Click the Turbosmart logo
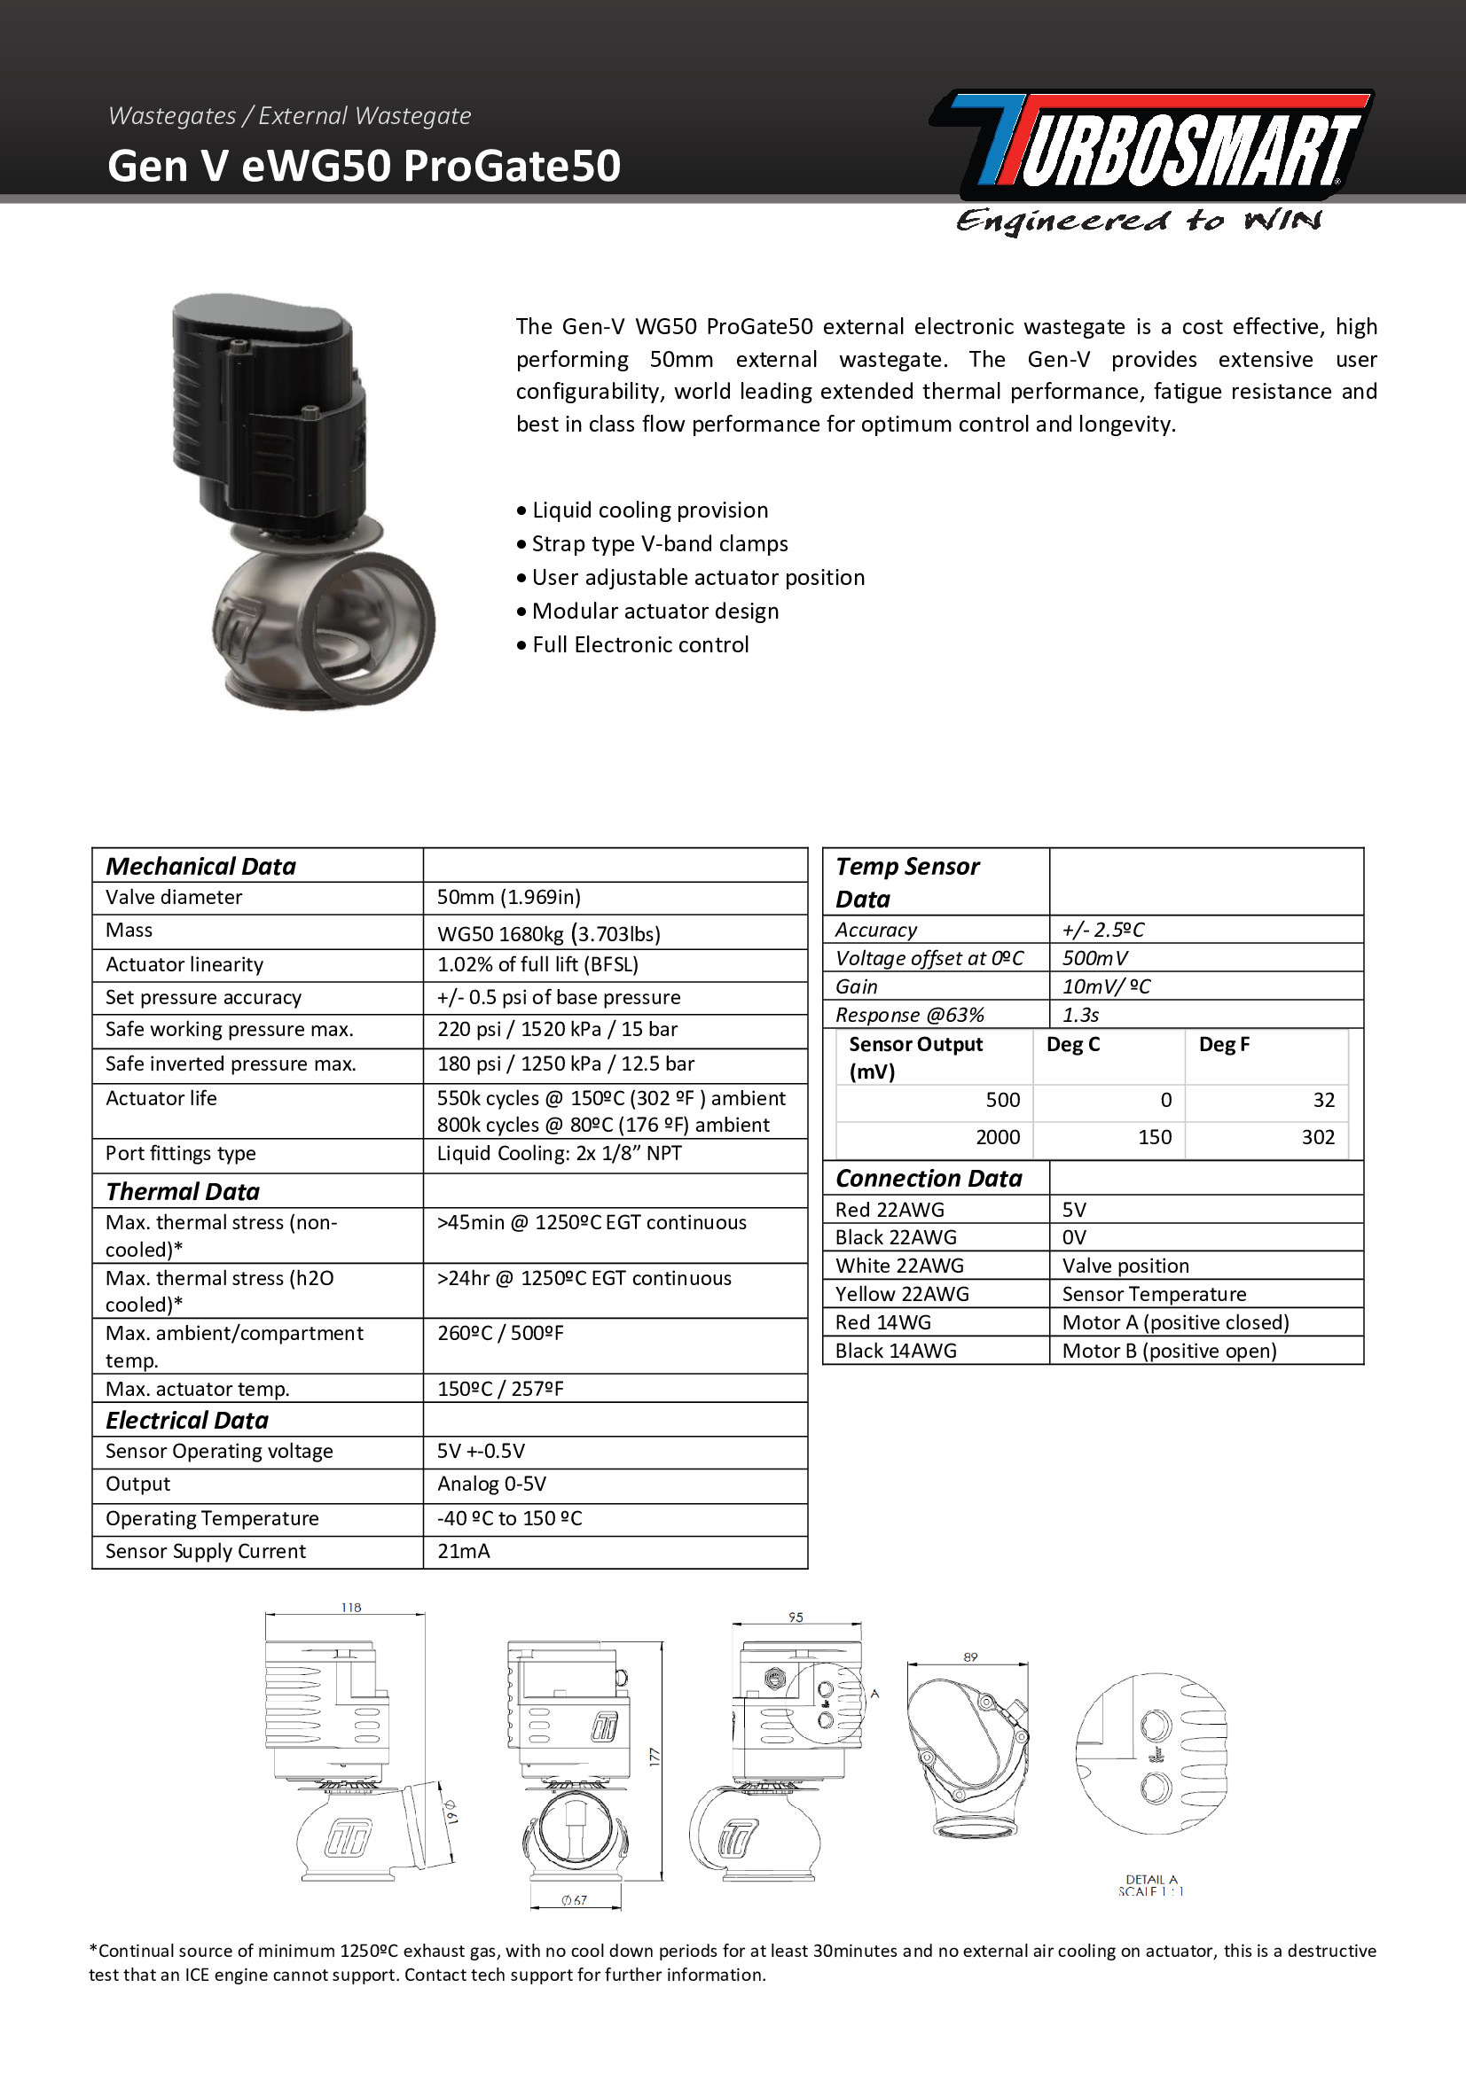click(1152, 144)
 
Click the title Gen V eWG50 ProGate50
click(364, 166)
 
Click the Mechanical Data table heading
click(200, 866)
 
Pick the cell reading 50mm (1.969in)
click(508, 898)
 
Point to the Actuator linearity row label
click(184, 964)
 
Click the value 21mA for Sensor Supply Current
click(463, 1551)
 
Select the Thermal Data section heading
click(183, 1192)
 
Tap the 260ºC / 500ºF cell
click(500, 1333)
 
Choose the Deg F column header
click(1224, 1045)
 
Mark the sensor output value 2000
click(997, 1137)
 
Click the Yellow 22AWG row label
click(901, 1294)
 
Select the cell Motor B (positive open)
click(1169, 1351)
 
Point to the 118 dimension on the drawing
click(351, 1608)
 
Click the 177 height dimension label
click(655, 1757)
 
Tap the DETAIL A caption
click(1151, 1880)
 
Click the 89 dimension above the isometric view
click(970, 1656)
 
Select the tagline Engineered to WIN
click(1138, 221)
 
